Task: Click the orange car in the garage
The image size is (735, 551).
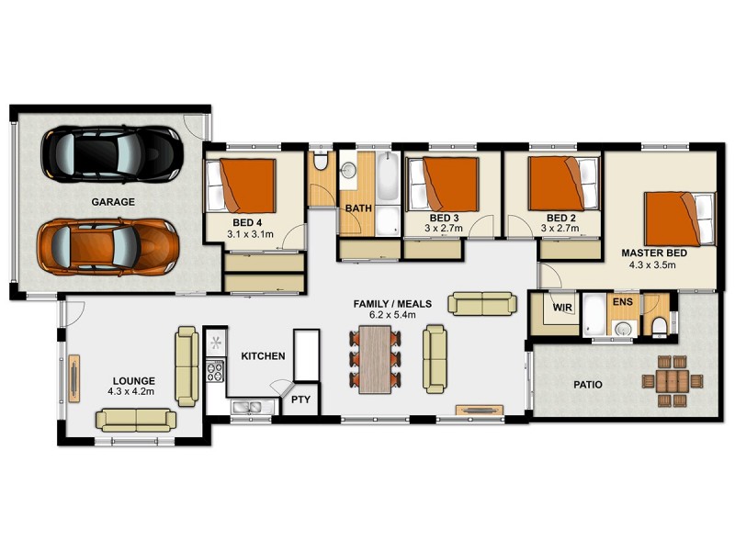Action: (107, 246)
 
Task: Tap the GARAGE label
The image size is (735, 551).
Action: (113, 202)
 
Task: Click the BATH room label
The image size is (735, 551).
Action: (357, 208)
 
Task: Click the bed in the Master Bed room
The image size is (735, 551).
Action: (679, 218)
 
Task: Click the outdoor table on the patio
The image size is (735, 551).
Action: (674, 379)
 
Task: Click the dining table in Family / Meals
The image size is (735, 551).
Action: (375, 359)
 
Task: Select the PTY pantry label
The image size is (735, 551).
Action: (300, 399)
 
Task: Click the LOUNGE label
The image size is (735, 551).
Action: (134, 380)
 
